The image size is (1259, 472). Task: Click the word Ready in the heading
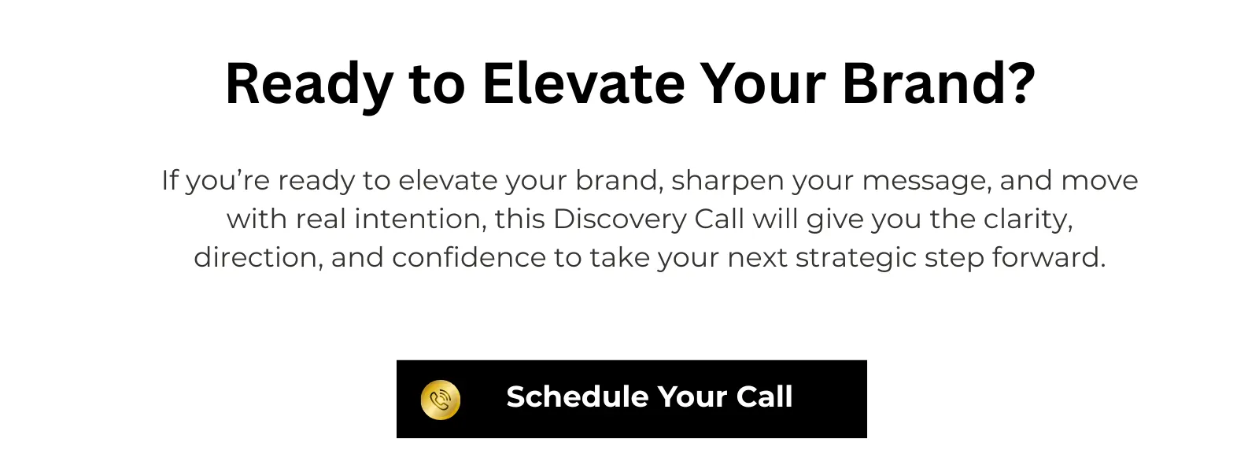tap(309, 84)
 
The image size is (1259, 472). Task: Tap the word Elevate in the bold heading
tap(583, 83)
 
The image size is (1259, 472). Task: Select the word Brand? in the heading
tap(939, 83)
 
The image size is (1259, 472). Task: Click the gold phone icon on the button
tap(441, 400)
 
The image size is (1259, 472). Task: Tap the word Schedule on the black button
tap(578, 396)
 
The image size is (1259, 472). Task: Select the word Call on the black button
tap(764, 396)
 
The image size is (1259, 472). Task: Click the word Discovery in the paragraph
tap(620, 220)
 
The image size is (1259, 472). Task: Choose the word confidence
tap(469, 258)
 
